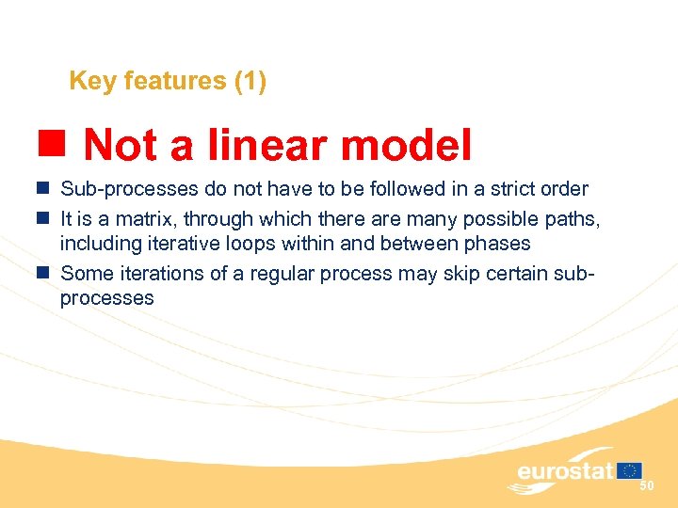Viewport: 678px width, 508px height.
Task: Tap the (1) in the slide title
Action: click(x=250, y=82)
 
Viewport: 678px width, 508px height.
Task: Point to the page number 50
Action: click(x=646, y=485)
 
